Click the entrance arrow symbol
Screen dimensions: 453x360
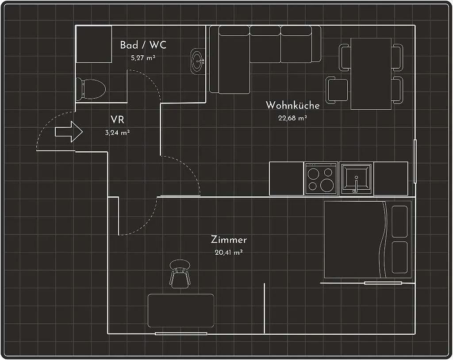[69, 132]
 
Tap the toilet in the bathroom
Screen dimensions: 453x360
[91, 89]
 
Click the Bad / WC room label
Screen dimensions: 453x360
[143, 45]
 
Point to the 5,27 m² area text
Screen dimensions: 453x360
[143, 58]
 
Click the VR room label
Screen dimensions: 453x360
[117, 119]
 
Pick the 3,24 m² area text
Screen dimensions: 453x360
[117, 133]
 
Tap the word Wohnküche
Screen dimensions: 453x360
[292, 105]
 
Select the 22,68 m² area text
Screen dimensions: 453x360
[292, 118]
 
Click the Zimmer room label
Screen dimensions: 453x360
[229, 240]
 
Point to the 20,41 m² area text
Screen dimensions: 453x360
[229, 253]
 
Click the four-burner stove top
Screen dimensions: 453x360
[321, 178]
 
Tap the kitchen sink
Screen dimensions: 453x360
[356, 178]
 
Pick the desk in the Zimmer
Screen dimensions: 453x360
[181, 310]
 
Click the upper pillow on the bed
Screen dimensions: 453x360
[399, 222]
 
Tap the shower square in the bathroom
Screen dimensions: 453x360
[94, 44]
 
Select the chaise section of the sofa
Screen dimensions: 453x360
[234, 60]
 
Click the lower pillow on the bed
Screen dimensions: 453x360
[399, 257]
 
